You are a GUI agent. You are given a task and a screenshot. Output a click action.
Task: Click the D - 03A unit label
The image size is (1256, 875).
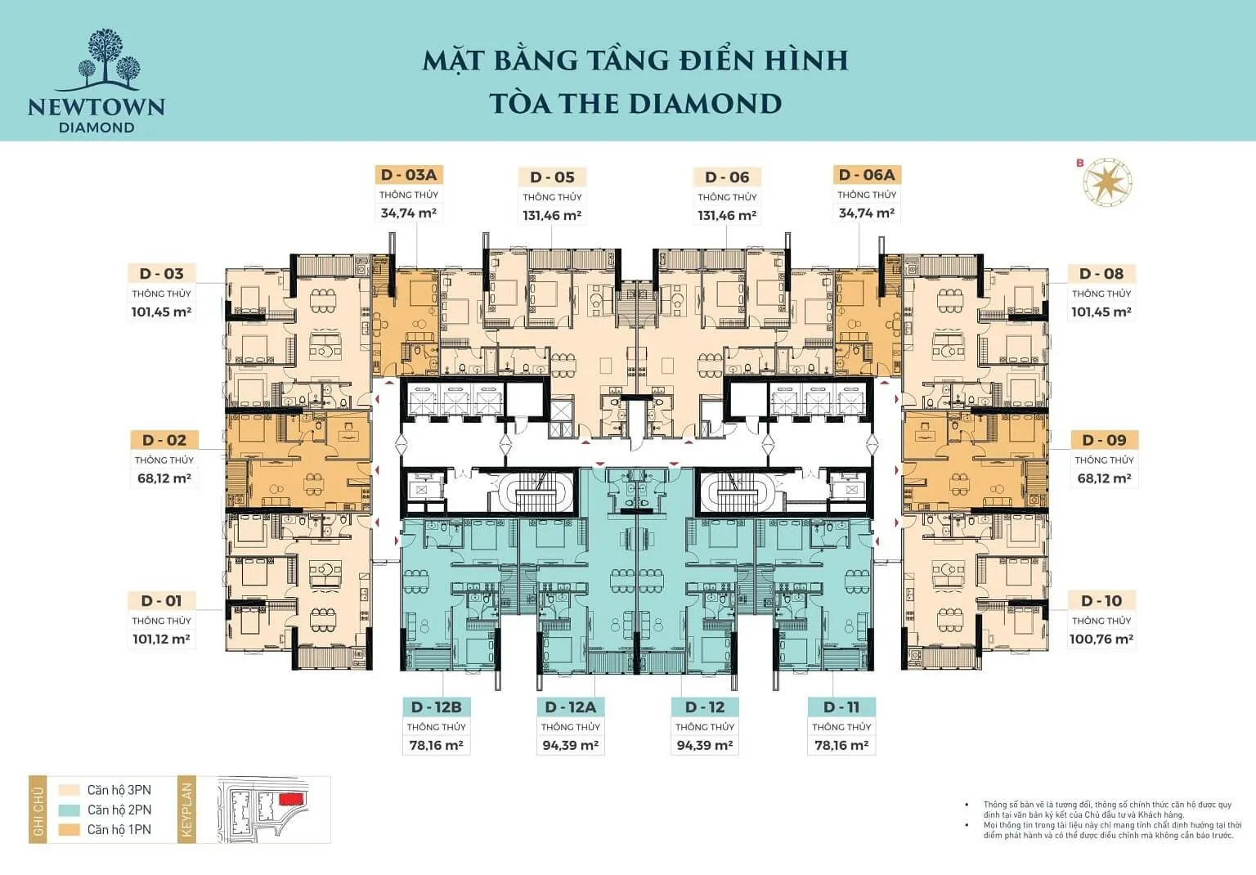click(x=408, y=175)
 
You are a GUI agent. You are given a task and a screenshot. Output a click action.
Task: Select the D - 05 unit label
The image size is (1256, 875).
click(x=552, y=177)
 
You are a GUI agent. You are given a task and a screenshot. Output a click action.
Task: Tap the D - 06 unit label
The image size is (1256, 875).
click(x=727, y=177)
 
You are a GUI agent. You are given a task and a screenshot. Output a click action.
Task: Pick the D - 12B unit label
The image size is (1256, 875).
click(x=436, y=707)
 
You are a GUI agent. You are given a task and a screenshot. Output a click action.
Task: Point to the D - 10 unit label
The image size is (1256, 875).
click(x=1101, y=601)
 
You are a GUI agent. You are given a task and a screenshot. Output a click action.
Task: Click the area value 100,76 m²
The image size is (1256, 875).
click(x=1101, y=639)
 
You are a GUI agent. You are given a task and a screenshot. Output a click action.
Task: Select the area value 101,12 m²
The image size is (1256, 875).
click(x=162, y=639)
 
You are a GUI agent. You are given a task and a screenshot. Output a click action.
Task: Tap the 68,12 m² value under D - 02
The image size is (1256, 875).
click(x=164, y=478)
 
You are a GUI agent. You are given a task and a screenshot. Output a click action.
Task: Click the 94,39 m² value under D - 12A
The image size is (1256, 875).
click(x=570, y=746)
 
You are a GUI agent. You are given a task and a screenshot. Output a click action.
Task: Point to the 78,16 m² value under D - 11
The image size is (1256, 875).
click(x=841, y=746)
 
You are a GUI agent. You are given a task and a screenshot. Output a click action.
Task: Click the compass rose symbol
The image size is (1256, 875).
click(x=1109, y=182)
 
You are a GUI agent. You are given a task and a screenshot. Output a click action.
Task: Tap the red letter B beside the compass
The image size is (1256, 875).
click(x=1080, y=163)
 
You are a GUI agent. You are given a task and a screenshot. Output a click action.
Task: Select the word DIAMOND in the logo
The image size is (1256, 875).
click(x=96, y=128)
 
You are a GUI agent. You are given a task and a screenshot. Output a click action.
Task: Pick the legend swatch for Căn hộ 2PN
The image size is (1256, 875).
click(x=70, y=810)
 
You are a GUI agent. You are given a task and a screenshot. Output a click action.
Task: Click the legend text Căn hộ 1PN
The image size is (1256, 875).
click(x=119, y=829)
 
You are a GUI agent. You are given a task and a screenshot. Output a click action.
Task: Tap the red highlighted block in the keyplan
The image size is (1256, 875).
click(x=291, y=797)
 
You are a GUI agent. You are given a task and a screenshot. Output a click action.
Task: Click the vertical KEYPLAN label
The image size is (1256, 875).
click(x=186, y=810)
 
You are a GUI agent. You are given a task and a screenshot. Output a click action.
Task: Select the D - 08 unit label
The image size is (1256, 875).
click(x=1101, y=274)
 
